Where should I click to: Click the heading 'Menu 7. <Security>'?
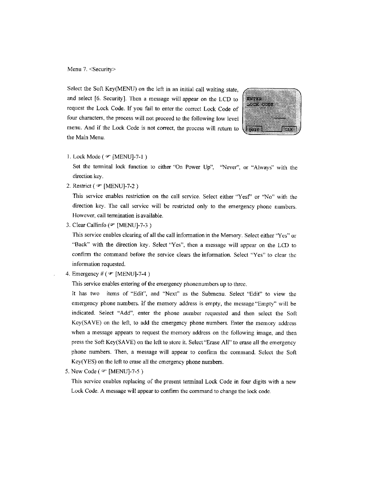click(x=91, y=69)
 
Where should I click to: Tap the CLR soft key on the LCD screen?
click(x=290, y=129)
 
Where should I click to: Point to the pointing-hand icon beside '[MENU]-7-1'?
click(x=108, y=156)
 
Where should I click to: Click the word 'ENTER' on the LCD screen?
click(x=255, y=99)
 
